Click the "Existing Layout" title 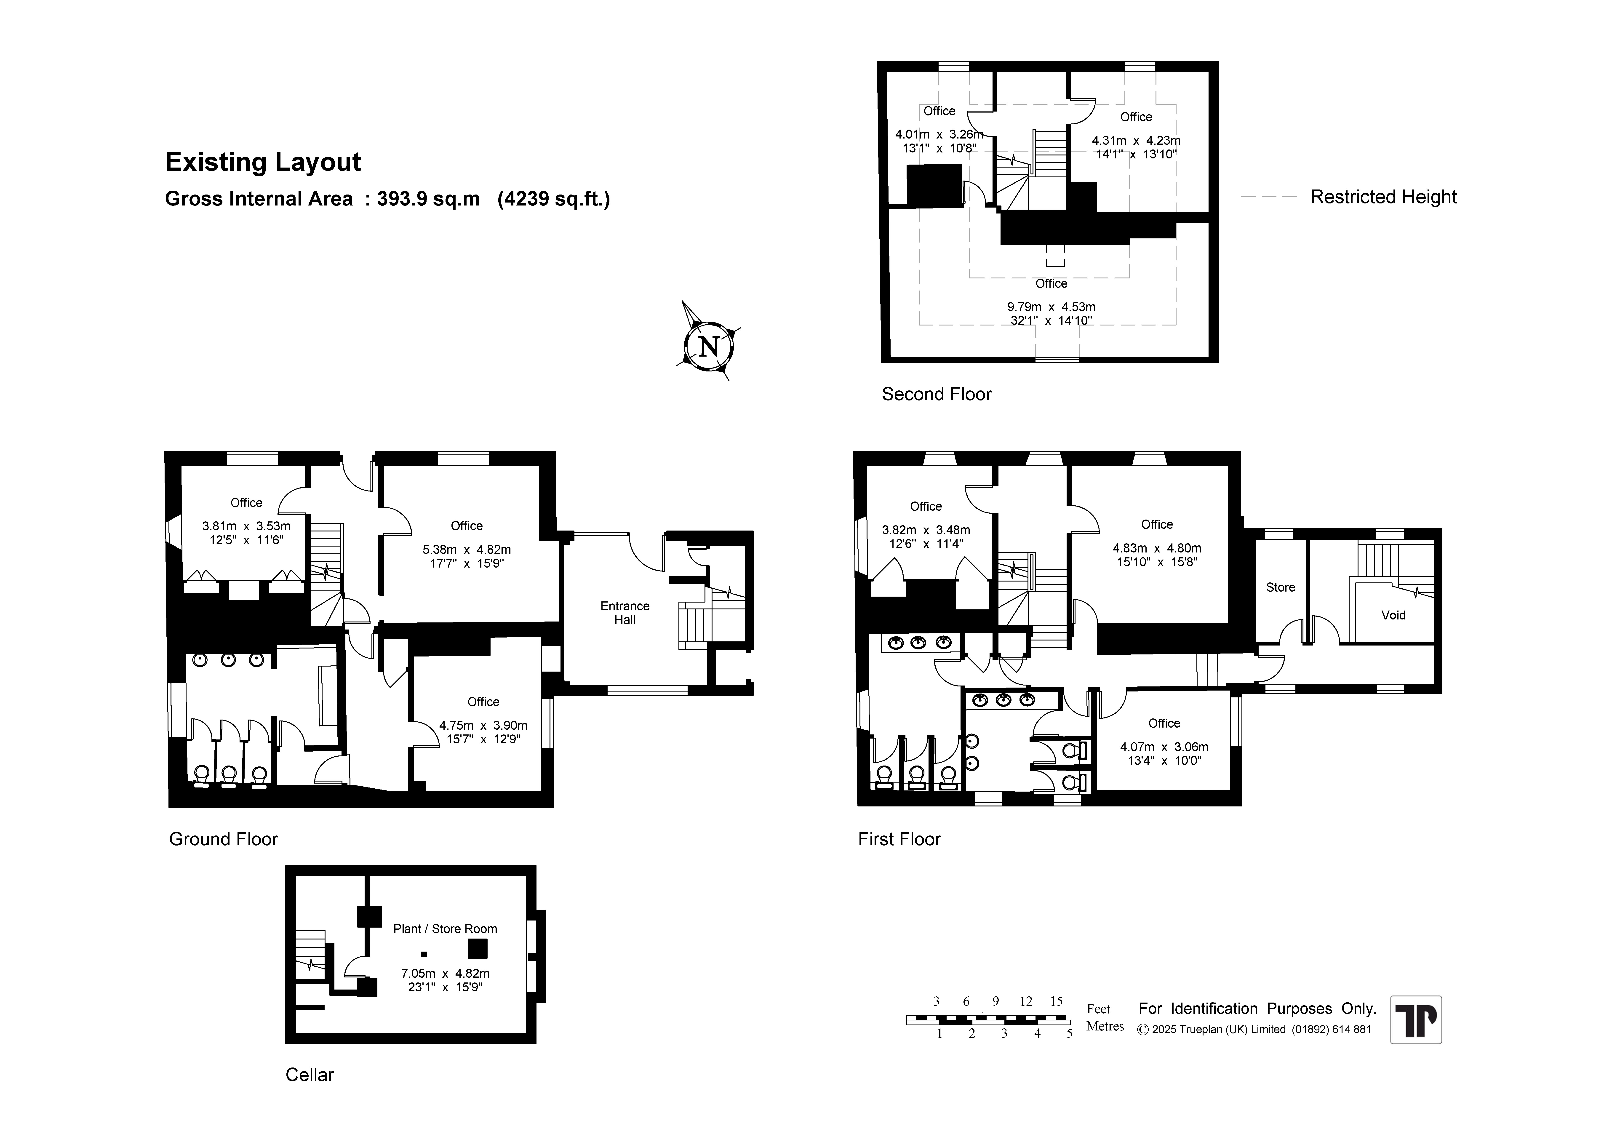tap(263, 162)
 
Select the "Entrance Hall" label tap(625, 613)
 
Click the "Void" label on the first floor tap(1393, 615)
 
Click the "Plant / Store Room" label tap(445, 929)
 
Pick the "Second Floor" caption tap(936, 394)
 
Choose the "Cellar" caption tap(310, 1075)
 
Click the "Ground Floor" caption tap(224, 839)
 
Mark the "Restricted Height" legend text tap(1383, 197)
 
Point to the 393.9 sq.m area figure tap(428, 199)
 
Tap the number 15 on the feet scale tap(1056, 1001)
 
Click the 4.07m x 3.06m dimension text tap(1164, 747)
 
